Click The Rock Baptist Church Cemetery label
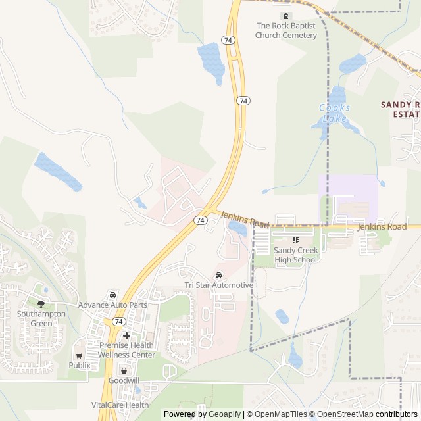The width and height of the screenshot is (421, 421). tap(286, 30)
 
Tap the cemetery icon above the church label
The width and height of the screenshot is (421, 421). tap(286, 16)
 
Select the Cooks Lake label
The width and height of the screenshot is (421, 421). tap(335, 112)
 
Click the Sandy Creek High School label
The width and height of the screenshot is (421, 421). tap(295, 255)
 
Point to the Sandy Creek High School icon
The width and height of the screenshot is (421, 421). tap(295, 240)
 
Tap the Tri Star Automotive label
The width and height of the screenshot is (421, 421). tap(218, 285)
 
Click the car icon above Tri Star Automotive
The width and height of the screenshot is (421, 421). tap(218, 274)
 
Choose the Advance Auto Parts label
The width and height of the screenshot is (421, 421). tap(112, 305)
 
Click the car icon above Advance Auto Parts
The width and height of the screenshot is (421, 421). tap(112, 294)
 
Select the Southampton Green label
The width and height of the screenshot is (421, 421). tap(41, 318)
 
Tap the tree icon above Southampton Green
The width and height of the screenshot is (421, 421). tap(41, 304)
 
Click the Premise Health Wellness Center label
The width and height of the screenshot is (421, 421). tap(127, 350)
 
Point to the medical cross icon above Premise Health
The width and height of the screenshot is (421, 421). tap(126, 335)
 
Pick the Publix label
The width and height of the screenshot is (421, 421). tap(80, 365)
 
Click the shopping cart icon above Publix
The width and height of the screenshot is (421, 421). tap(80, 355)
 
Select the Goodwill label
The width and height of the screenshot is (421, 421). tap(123, 381)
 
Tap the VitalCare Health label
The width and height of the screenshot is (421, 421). tap(120, 405)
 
